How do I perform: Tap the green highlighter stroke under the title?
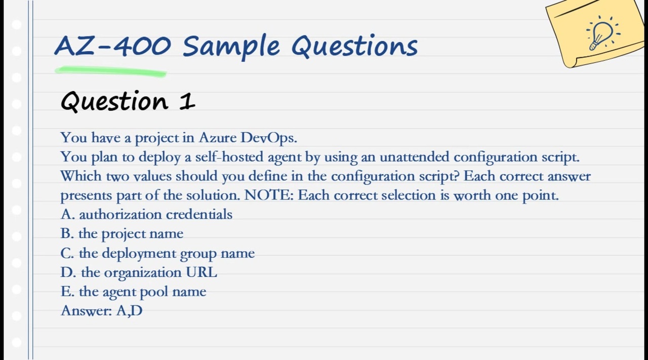pos(110,72)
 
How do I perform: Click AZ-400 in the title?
pos(112,46)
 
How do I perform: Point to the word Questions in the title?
pos(354,46)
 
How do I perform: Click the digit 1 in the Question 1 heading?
pos(187,101)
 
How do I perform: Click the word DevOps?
pos(268,138)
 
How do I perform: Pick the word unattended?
pos(414,157)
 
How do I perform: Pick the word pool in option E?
pos(154,292)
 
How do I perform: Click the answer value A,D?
pos(130,311)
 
